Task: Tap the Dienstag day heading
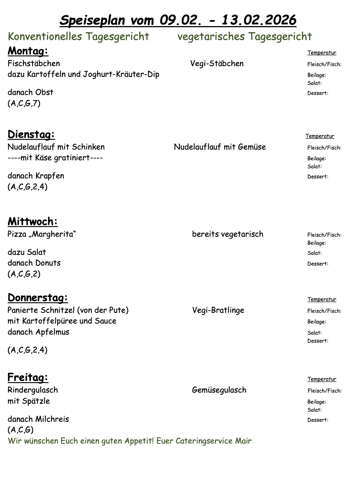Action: [31, 134]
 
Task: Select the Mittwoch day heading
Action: [33, 221]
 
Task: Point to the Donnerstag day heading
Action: [38, 297]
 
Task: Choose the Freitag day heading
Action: [28, 377]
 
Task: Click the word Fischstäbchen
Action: [34, 63]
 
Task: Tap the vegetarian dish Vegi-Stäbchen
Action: [217, 63]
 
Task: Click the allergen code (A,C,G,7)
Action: [24, 103]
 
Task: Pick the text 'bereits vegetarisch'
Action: [228, 234]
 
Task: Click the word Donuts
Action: [48, 263]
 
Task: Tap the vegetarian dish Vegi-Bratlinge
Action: [218, 310]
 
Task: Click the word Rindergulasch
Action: [33, 390]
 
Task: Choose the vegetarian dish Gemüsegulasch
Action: [219, 390]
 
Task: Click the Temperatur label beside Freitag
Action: [322, 379]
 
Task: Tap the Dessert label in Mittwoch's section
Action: [317, 264]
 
